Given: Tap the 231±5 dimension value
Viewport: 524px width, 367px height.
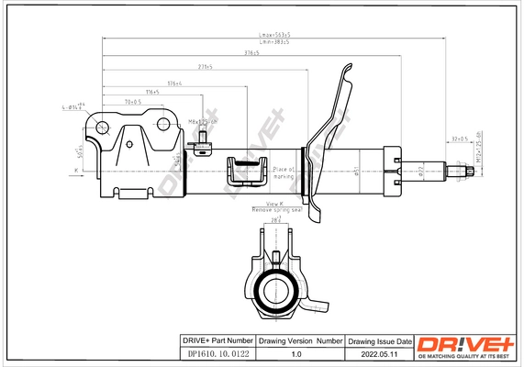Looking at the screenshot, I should pyautogui.click(x=206, y=67).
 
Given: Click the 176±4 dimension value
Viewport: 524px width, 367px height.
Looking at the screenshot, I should pyautogui.click(x=173, y=83).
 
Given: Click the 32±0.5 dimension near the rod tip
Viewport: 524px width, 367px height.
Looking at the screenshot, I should pyautogui.click(x=460, y=139).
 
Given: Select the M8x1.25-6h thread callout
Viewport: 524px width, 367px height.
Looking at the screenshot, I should pyautogui.click(x=203, y=121).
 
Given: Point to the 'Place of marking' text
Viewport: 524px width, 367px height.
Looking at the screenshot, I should pyautogui.click(x=282, y=172).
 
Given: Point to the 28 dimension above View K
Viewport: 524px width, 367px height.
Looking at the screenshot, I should pyautogui.click(x=274, y=221).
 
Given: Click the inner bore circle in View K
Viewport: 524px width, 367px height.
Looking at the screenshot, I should pyautogui.click(x=273, y=293).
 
